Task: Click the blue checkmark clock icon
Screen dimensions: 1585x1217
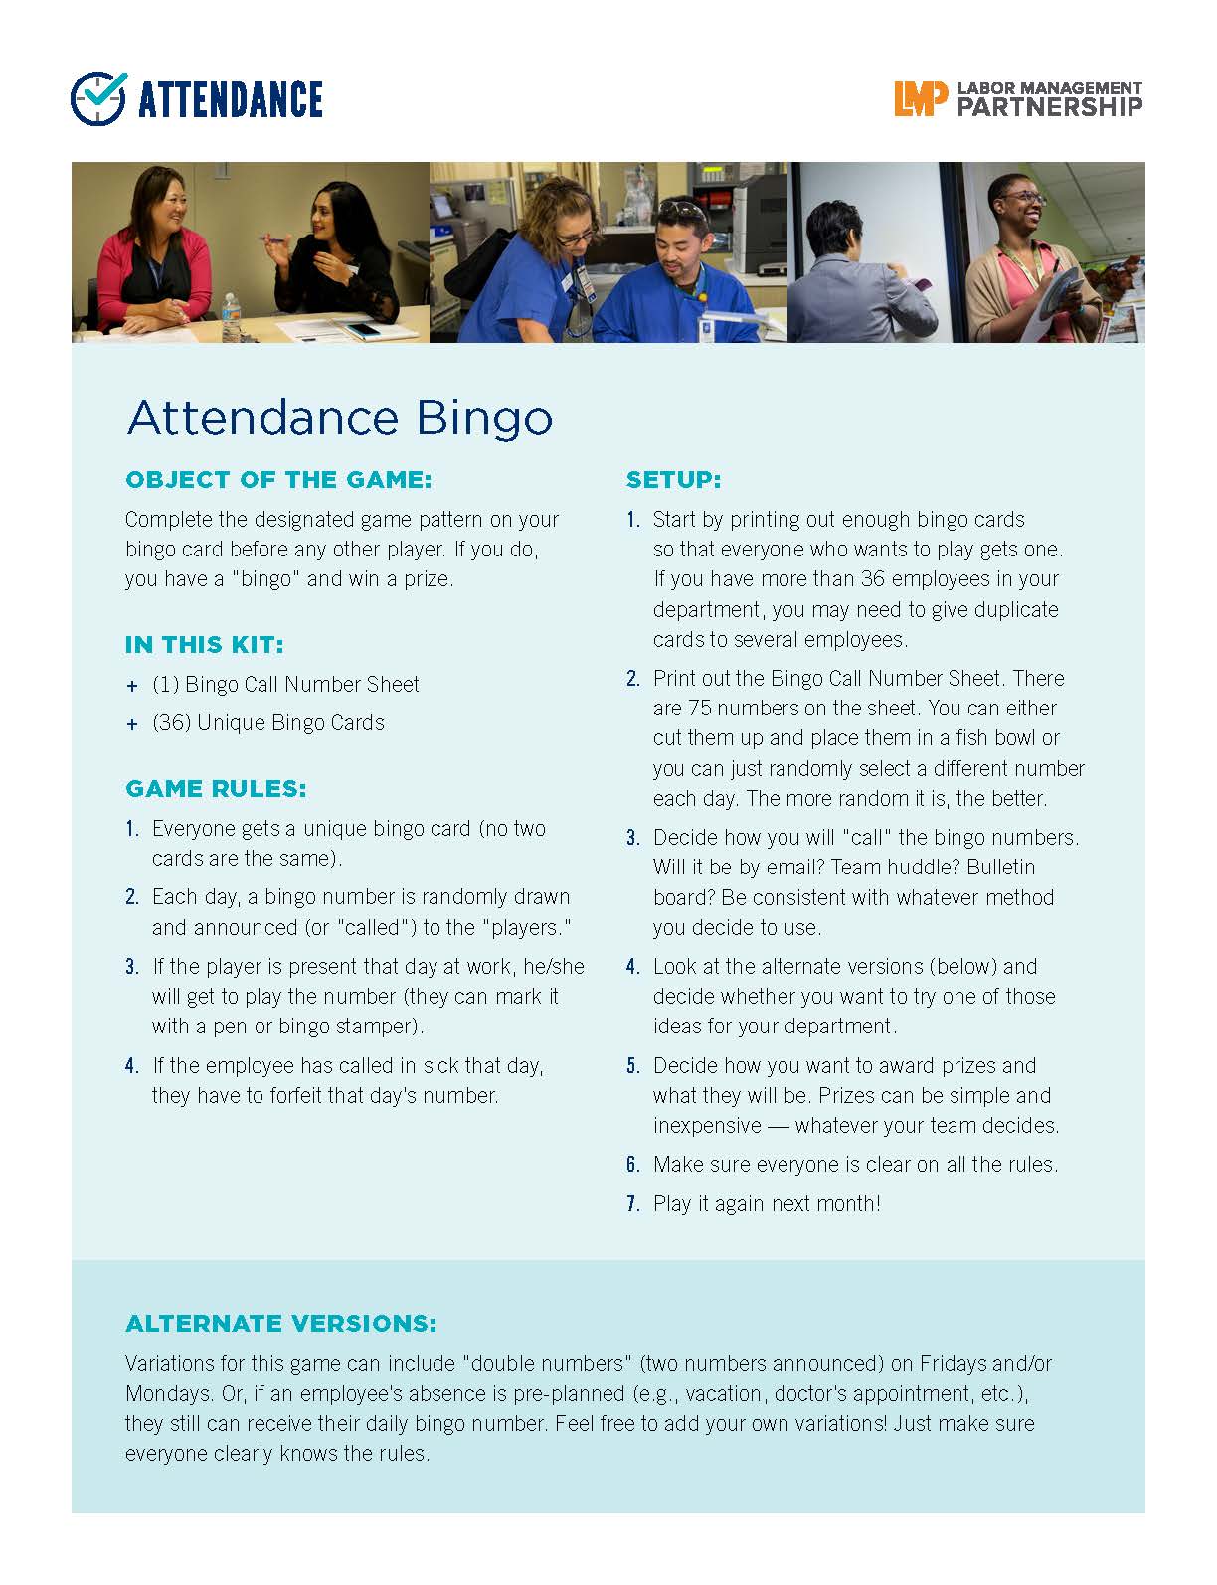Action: (x=98, y=98)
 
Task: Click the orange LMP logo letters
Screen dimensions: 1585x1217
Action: (x=915, y=99)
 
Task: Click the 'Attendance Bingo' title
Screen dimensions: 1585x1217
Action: (x=339, y=418)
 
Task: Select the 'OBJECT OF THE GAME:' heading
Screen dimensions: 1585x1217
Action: (x=278, y=480)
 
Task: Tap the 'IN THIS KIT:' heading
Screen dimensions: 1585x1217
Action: (x=204, y=645)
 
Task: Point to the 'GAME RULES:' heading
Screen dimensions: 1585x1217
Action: (x=216, y=789)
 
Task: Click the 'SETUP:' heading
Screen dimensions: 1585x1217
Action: (x=673, y=480)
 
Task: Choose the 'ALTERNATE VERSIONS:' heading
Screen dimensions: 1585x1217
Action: (x=280, y=1324)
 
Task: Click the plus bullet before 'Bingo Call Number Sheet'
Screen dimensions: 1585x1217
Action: (x=132, y=686)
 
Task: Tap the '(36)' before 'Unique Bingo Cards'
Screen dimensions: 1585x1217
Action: (x=171, y=723)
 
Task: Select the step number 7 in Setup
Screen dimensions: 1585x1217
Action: (x=632, y=1204)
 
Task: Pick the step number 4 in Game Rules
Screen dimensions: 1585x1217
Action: (x=131, y=1066)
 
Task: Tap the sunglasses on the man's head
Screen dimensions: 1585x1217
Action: (x=682, y=210)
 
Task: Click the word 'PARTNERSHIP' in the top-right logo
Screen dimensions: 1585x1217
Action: (x=1049, y=107)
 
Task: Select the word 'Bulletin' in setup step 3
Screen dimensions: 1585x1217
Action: (x=1000, y=868)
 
